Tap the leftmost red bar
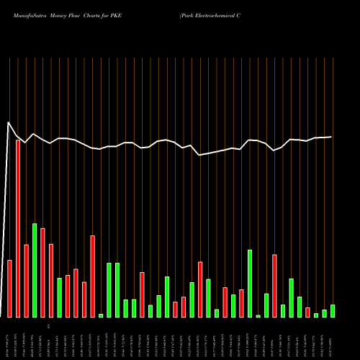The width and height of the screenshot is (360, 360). [10, 288]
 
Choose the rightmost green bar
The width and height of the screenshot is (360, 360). [333, 310]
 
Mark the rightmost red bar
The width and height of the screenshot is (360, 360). [308, 312]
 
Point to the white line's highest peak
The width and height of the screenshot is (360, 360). [9, 122]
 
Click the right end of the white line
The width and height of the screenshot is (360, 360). [331, 137]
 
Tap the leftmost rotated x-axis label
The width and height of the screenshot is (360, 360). [9, 338]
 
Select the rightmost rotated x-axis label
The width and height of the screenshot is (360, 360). [333, 338]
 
